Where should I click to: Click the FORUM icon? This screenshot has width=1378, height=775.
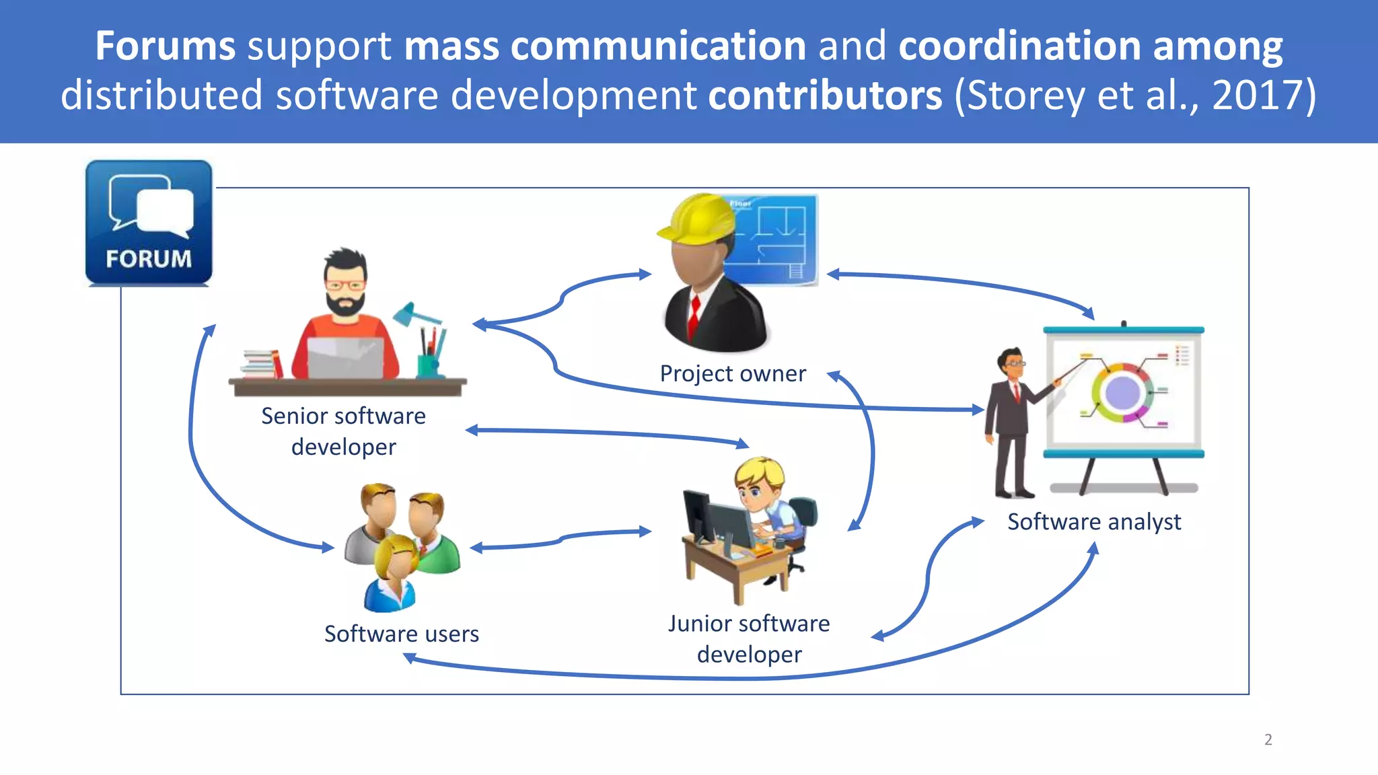pyautogui.click(x=149, y=223)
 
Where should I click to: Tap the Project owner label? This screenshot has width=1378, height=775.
pyautogui.click(x=732, y=373)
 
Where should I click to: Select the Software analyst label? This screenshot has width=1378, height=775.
pyautogui.click(x=1094, y=522)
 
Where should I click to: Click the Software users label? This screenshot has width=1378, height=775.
pyautogui.click(x=401, y=634)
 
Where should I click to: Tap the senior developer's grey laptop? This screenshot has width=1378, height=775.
pyautogui.click(x=346, y=357)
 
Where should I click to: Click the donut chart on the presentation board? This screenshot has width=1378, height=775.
pyautogui.click(x=1122, y=393)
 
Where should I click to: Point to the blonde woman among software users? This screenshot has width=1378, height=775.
pyautogui.click(x=394, y=572)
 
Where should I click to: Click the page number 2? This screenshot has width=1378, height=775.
pyautogui.click(x=1268, y=739)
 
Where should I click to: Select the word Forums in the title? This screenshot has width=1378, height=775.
pyautogui.click(x=165, y=46)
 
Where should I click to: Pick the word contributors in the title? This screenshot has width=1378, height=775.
pyautogui.click(x=826, y=95)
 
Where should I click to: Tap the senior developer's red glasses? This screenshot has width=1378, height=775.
pyautogui.click(x=344, y=285)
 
